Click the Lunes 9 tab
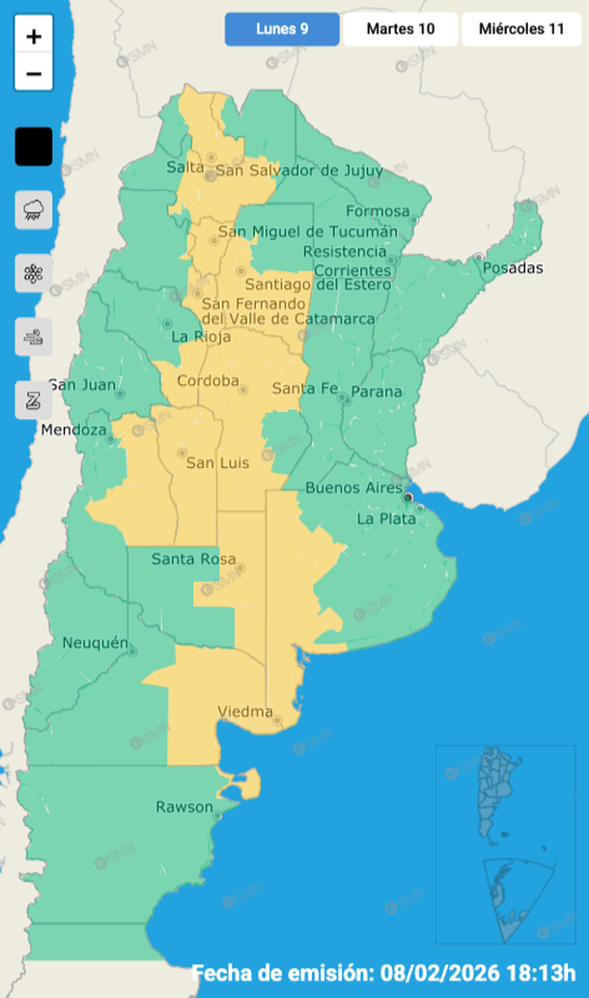click(x=282, y=29)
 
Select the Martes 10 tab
click(x=400, y=29)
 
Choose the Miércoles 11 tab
click(x=521, y=29)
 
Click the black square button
click(x=33, y=148)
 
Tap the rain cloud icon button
click(x=33, y=209)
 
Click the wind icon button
click(x=33, y=337)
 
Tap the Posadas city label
click(x=513, y=267)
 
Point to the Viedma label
click(x=244, y=711)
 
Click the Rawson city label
click(x=183, y=806)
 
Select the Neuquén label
click(x=95, y=643)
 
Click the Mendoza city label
click(x=71, y=430)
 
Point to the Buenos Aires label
click(x=353, y=487)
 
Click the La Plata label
click(x=386, y=518)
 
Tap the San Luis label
click(x=217, y=463)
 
